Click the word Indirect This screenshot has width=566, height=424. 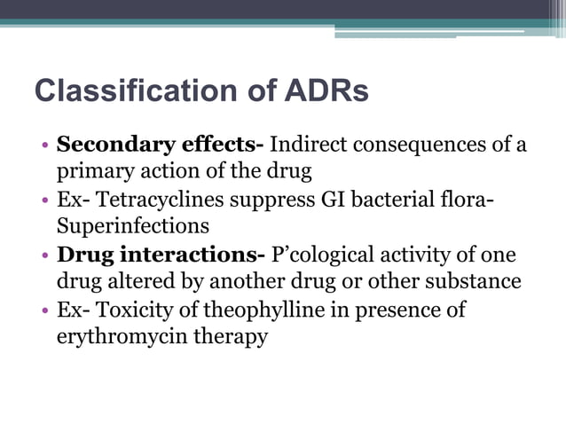[x=304, y=144]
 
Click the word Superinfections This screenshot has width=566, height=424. [x=132, y=225]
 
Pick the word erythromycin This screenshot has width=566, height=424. [x=113, y=338]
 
